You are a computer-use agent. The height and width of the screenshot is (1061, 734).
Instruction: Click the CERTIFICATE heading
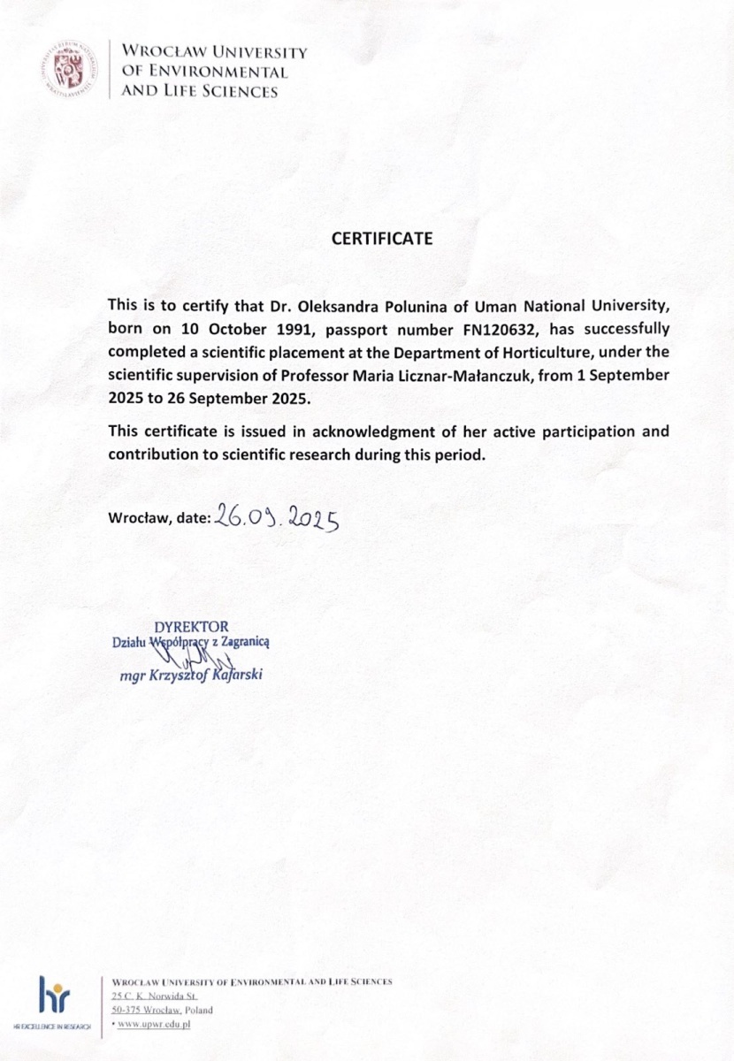tap(382, 239)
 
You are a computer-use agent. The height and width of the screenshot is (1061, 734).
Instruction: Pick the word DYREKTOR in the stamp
tap(191, 627)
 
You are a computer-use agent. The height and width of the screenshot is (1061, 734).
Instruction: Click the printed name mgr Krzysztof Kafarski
tap(190, 676)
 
